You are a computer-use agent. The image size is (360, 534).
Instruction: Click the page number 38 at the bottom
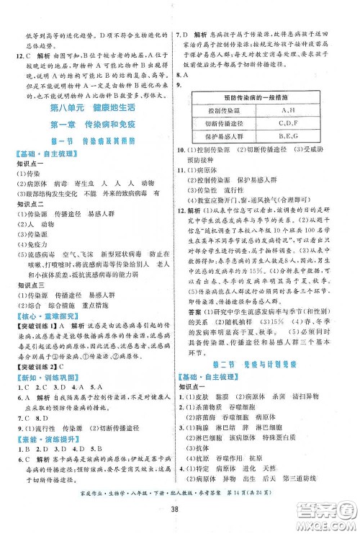tap(180, 517)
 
